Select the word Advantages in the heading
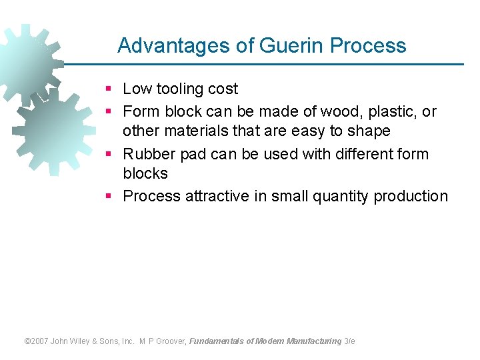173,45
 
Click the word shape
369,131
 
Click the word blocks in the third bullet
145,173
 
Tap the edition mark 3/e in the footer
349,341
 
